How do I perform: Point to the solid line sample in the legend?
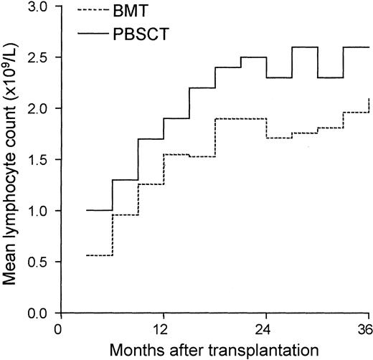[89, 33]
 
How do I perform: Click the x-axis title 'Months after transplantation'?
[214, 350]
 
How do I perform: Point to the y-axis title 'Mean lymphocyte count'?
[13, 160]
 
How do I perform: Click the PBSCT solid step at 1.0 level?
[99, 211]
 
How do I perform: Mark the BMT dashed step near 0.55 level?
[99, 255]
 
